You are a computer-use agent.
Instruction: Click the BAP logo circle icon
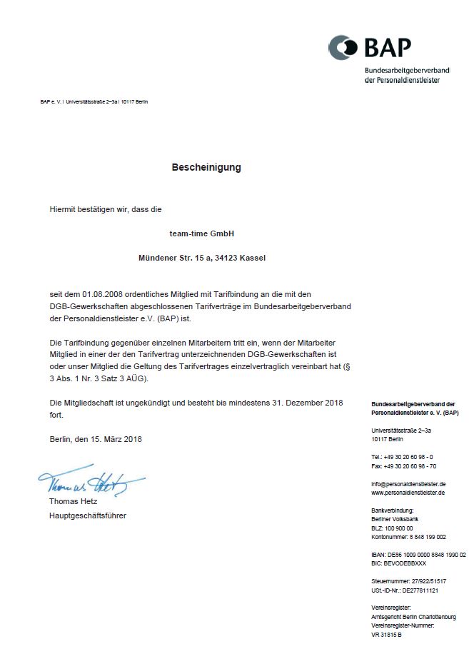(343, 48)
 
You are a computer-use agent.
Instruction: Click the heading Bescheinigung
(206, 167)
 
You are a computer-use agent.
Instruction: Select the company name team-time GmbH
(202, 233)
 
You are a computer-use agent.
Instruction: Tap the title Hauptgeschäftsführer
(88, 515)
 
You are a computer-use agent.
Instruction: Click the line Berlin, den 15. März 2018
(96, 439)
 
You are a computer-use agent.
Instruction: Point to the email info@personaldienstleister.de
(408, 483)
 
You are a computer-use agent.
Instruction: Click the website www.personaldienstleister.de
(408, 492)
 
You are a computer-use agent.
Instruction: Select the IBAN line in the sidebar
(418, 554)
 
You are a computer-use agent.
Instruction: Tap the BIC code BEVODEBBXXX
(399, 563)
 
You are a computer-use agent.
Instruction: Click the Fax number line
(403, 466)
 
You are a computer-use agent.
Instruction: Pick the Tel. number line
(402, 456)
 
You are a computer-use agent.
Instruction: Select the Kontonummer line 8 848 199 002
(409, 536)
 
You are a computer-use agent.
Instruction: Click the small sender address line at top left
(94, 101)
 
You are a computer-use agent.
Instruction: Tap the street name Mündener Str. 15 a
(173, 258)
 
